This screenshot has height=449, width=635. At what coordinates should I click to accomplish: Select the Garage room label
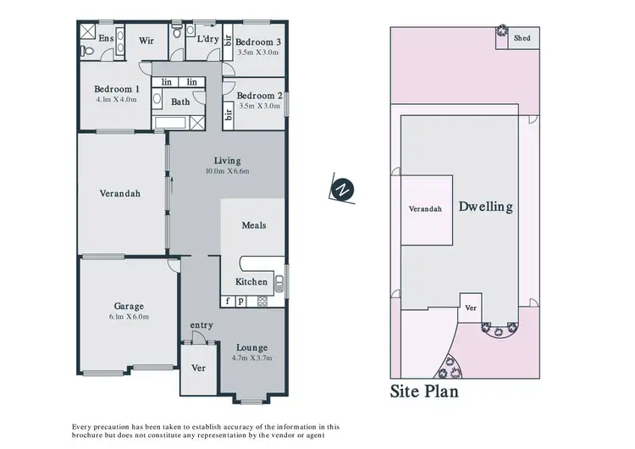pos(130,306)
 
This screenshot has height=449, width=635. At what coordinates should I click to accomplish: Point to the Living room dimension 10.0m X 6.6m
pos(227,171)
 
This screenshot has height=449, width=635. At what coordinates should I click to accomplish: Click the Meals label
pos(254,225)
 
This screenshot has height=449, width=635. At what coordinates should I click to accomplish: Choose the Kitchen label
pos(251,281)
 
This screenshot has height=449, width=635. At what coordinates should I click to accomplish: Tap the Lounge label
pos(251,347)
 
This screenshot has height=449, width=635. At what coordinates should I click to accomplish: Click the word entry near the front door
pos(202,324)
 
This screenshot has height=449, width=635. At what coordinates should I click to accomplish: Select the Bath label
pos(180,102)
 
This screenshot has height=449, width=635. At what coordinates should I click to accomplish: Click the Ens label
pos(107,38)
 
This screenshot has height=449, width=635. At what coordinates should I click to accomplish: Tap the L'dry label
pos(207,38)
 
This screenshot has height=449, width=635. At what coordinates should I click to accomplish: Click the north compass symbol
pos(341,190)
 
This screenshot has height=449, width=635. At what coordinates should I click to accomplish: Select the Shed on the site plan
pos(522,37)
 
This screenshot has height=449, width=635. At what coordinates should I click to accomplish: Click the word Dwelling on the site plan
pos(485,207)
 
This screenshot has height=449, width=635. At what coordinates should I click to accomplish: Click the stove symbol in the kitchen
pos(262,301)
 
